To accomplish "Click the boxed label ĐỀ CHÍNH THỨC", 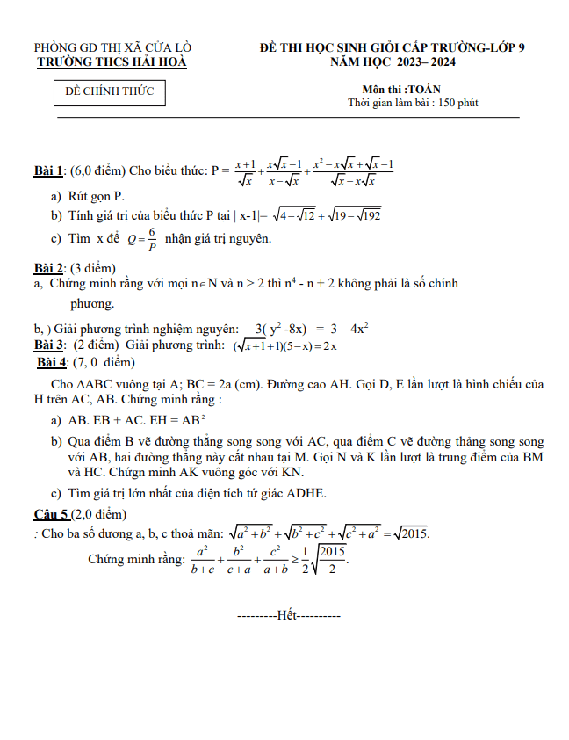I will coord(110,91).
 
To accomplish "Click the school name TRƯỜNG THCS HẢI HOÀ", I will coord(112,62).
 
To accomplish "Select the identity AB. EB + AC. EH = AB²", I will coord(137,420).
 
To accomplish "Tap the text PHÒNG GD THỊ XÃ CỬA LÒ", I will coord(113,47).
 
